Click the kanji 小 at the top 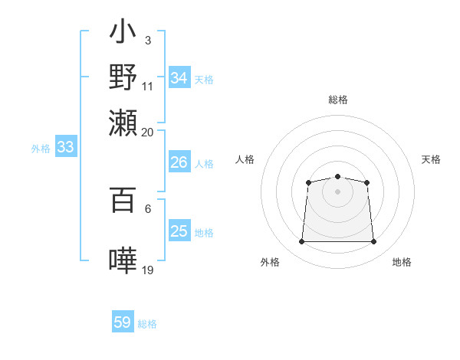pyautogui.click(x=123, y=34)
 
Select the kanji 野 pyautogui.click(x=123, y=77)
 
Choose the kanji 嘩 pyautogui.click(x=123, y=260)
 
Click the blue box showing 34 pyautogui.click(x=179, y=78)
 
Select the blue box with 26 pyautogui.click(x=179, y=162)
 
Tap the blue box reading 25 pyautogui.click(x=179, y=231)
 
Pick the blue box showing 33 pyautogui.click(x=65, y=148)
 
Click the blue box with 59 pyautogui.click(x=123, y=322)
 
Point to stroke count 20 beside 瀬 pyautogui.click(x=148, y=132)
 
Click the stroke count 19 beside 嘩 pyautogui.click(x=148, y=270)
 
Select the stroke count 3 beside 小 pyautogui.click(x=147, y=40)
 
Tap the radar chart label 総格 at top pyautogui.click(x=337, y=100)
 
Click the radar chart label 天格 pyautogui.click(x=431, y=159)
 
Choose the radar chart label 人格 pyautogui.click(x=245, y=159)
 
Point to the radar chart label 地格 pyautogui.click(x=402, y=262)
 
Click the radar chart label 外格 pyautogui.click(x=270, y=262)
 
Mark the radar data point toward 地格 pyautogui.click(x=373, y=242)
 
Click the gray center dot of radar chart pyautogui.click(x=337, y=191)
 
